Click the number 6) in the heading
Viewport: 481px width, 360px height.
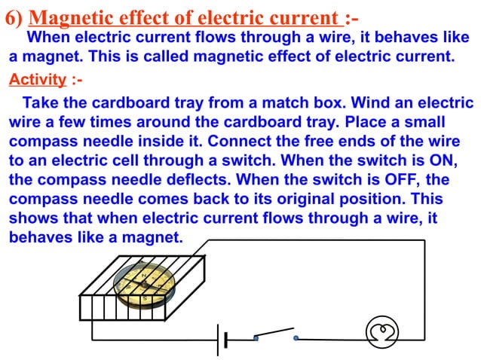coord(16,16)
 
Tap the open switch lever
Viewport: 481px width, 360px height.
coord(274,331)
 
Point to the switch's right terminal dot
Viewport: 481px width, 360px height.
coord(296,338)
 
